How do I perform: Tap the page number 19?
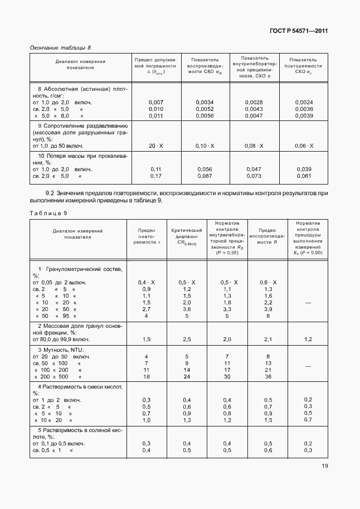tap(324, 483)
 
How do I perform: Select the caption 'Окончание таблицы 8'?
tap(60, 48)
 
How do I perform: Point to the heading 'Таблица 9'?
tap(48, 213)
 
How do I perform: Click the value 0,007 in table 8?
tap(157, 103)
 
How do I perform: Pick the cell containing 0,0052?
tap(205, 109)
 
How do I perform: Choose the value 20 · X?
tap(157, 146)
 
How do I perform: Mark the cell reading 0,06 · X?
tap(304, 146)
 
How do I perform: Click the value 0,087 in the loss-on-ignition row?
tap(205, 176)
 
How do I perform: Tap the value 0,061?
tap(304, 176)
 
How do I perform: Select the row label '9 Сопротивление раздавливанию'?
tap(83, 125)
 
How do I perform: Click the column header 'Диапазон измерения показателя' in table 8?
tap(80, 64)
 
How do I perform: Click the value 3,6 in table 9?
tap(187, 309)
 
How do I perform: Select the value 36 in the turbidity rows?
tap(268, 376)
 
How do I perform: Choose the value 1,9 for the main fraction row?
tap(147, 339)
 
